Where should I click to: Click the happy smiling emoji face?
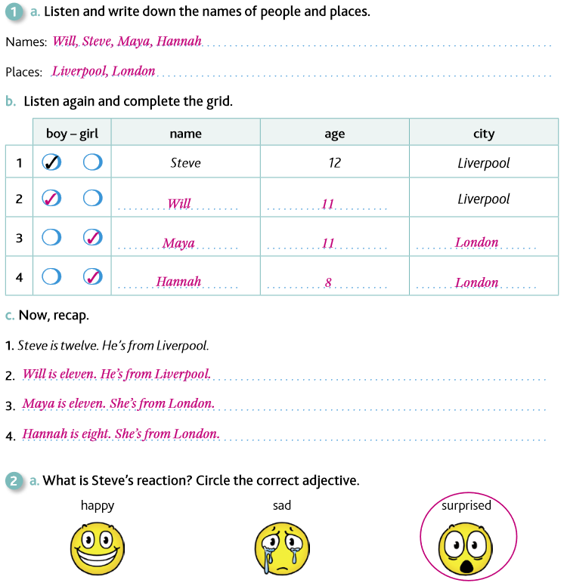[x=98, y=545]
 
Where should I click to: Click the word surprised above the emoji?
[x=466, y=505]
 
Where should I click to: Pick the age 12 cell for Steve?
[x=335, y=162]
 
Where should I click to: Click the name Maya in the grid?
[x=178, y=243]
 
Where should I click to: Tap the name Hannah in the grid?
[x=178, y=282]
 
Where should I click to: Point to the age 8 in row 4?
[x=328, y=282]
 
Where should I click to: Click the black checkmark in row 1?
[x=51, y=162]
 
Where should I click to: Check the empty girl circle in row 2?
[x=92, y=198]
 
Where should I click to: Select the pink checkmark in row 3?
[x=92, y=237]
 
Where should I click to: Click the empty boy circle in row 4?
[x=51, y=276]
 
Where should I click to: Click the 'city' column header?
[x=484, y=134]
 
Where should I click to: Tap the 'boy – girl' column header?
[x=73, y=134]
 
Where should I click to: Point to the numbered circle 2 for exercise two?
[x=14, y=480]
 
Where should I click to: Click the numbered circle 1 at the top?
[x=14, y=12]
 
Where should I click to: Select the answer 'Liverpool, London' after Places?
[x=104, y=72]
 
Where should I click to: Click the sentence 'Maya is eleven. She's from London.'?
[x=119, y=403]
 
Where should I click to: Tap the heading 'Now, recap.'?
[x=53, y=315]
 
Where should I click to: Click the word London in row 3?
[x=477, y=242]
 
